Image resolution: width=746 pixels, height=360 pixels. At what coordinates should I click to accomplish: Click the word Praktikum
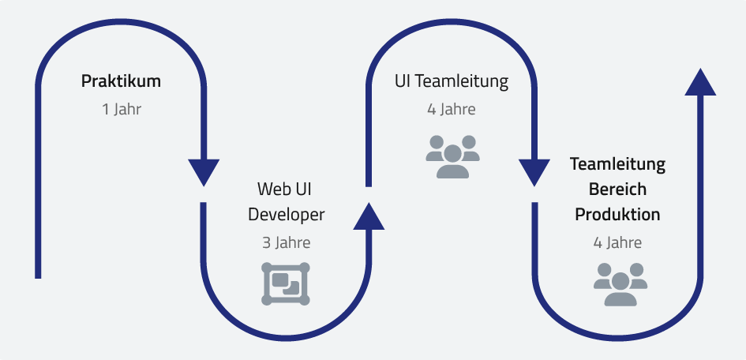122,81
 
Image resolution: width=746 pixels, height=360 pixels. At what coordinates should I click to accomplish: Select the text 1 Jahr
122,109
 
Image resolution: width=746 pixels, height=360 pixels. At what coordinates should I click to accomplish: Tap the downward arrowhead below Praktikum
204,171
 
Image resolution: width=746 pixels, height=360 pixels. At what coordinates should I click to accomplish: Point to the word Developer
286,215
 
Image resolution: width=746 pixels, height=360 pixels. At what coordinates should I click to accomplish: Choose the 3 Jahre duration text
286,243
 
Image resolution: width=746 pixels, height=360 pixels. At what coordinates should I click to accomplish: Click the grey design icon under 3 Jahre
286,283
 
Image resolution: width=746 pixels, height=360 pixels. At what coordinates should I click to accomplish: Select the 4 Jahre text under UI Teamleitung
452,109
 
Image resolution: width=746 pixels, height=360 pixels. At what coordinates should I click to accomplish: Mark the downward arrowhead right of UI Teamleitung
534,171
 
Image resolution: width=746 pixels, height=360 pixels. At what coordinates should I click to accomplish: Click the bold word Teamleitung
617,165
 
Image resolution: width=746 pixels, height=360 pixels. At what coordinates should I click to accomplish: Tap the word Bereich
617,189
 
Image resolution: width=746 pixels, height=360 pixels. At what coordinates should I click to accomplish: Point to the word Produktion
617,215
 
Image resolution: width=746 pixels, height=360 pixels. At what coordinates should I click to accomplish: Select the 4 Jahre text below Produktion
617,243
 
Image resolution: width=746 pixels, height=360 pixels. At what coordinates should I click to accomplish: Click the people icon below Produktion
620,283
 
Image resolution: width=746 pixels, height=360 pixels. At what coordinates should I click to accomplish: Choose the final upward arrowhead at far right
700,82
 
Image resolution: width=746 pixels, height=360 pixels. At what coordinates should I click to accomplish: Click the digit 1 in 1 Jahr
105,109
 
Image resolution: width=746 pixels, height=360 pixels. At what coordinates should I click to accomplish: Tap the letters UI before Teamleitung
402,81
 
